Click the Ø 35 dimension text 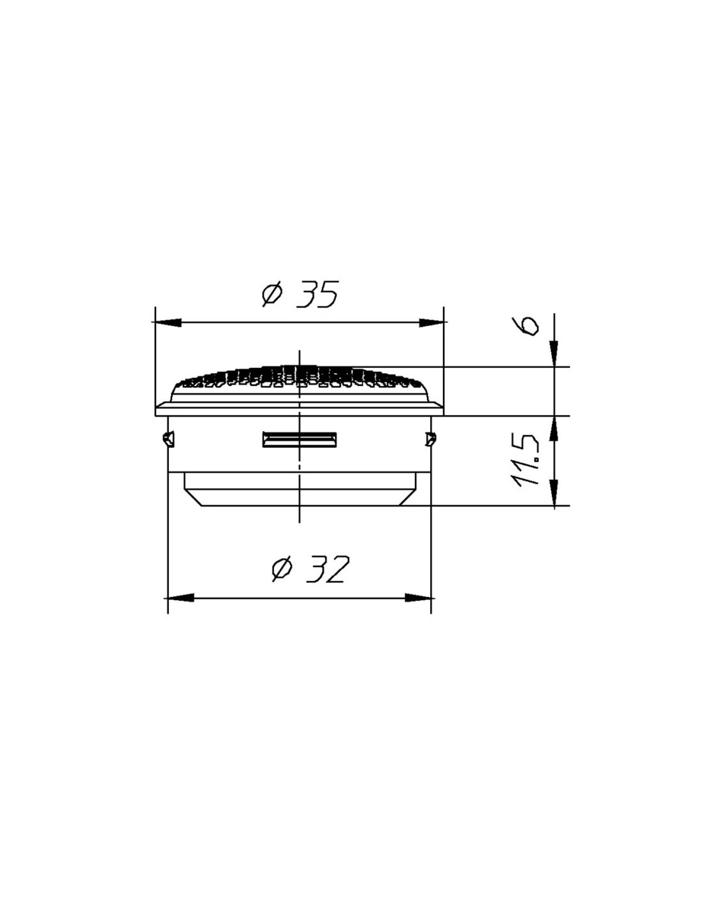(300, 295)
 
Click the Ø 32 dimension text (308, 569)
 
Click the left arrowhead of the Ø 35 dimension (168, 322)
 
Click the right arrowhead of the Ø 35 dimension (431, 322)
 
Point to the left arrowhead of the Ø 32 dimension (180, 598)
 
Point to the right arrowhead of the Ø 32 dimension (418, 598)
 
